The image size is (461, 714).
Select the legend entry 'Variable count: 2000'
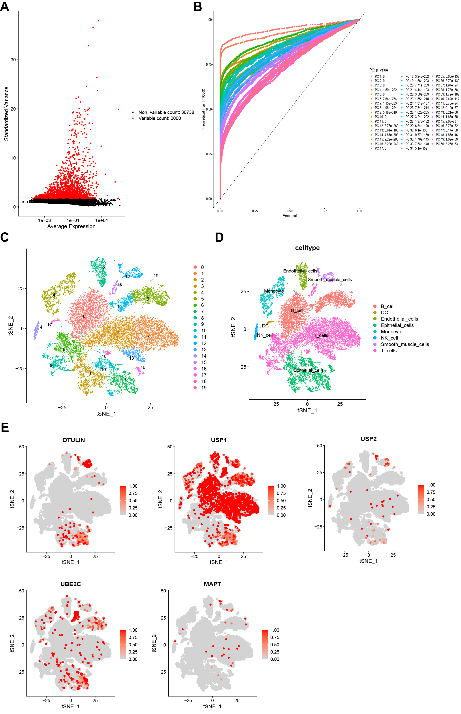point(159,118)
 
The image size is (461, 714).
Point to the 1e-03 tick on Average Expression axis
point(44,220)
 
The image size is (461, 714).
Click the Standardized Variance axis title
point(6,114)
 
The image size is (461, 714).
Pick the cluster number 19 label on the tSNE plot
point(156,276)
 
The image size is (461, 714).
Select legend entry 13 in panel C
point(203,349)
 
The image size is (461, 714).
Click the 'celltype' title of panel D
point(307,248)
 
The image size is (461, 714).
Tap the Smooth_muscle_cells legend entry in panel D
point(405,344)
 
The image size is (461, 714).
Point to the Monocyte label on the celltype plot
point(274,291)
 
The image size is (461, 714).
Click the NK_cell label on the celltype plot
point(265,335)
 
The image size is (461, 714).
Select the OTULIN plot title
point(73,440)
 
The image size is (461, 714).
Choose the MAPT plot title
point(212,584)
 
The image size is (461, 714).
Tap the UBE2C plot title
point(71,584)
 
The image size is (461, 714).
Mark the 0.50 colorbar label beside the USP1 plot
point(281,500)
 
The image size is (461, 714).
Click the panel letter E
point(5,427)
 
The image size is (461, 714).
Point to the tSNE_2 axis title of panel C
point(11,326)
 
